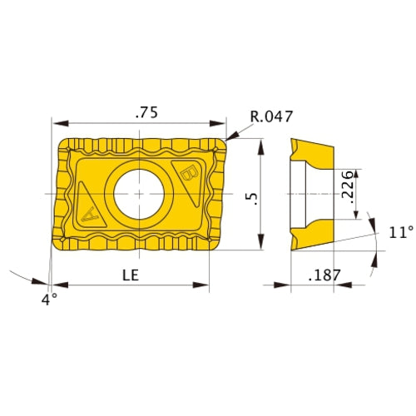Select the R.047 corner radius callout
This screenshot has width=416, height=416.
270,117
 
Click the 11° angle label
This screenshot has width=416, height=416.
399,233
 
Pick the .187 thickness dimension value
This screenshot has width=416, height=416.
324,275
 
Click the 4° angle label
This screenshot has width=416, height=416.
51,297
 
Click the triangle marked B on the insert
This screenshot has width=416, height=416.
190,176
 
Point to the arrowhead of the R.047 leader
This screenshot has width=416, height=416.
230,136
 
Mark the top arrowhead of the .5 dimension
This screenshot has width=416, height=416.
262,142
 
